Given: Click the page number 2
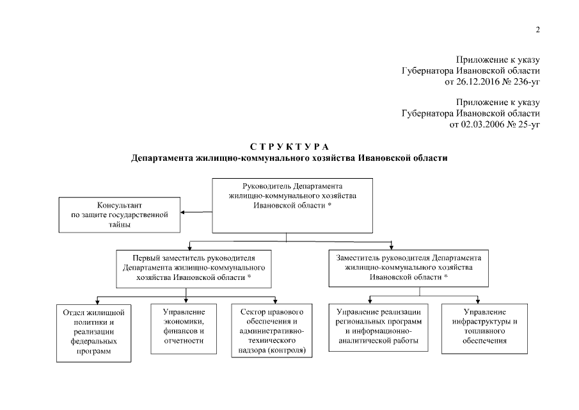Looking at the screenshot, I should (x=538, y=29).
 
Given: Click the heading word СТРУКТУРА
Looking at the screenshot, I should (x=289, y=147).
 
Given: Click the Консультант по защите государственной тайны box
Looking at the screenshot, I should (x=120, y=215).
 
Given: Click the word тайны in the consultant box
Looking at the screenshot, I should (x=120, y=224).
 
